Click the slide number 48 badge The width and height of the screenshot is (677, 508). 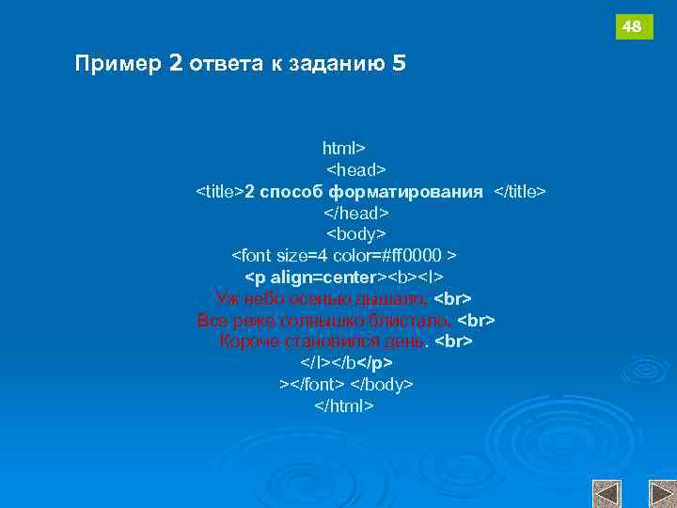point(633,27)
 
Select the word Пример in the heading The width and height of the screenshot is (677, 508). point(118,64)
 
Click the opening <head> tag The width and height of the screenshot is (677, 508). point(356,170)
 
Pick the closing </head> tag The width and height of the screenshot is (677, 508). point(356,213)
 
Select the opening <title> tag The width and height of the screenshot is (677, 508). point(219,192)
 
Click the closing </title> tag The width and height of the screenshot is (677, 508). point(520,192)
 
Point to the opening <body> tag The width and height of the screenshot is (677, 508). point(356,234)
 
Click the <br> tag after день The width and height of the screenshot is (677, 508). point(453,341)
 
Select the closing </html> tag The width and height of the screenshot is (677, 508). point(344,405)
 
